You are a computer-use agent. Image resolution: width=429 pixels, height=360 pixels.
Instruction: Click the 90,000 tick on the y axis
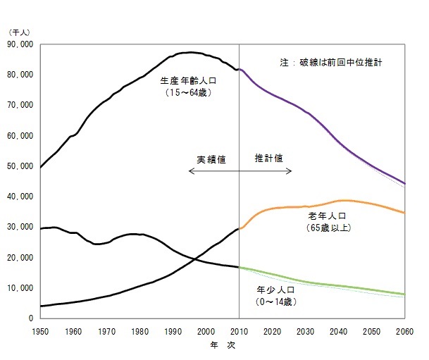(20, 44)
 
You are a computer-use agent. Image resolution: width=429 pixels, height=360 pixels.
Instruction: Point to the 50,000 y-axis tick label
(20, 166)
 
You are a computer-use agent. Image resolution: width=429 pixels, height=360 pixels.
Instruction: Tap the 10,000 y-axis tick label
(20, 288)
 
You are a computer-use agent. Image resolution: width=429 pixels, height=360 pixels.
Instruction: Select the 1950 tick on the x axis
(41, 331)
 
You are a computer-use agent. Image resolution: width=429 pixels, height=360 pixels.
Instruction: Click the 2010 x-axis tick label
(240, 331)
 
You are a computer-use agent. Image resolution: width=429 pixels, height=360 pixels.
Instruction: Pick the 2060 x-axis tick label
(404, 331)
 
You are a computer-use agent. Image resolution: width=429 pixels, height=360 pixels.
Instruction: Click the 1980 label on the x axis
(140, 331)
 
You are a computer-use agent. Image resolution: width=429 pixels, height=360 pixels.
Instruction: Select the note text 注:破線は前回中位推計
(331, 63)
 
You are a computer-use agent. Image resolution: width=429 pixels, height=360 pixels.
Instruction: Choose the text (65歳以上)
(328, 228)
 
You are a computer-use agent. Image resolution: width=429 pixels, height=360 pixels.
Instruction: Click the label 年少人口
(280, 289)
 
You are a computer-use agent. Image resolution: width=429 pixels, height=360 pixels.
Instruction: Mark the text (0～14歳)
(280, 301)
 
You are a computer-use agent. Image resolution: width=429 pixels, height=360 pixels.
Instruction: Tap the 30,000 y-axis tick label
(20, 227)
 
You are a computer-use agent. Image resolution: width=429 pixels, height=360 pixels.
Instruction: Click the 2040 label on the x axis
(338, 331)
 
